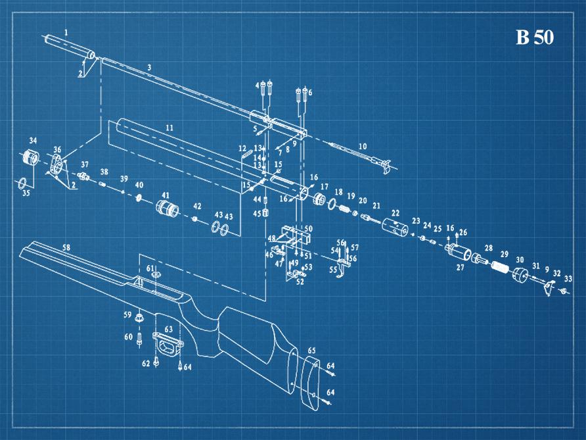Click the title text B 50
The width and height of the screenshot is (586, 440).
[x=534, y=37]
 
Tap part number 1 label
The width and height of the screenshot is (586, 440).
[x=66, y=32]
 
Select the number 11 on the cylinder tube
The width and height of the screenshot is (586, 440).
[x=169, y=127]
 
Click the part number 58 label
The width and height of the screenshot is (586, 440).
[x=66, y=247]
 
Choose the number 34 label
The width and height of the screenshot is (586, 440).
[x=33, y=140]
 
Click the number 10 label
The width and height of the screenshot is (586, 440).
[x=362, y=146]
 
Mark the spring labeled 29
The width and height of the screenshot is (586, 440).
[x=499, y=268]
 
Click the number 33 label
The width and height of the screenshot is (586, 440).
[x=568, y=279]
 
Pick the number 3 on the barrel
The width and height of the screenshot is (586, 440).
[x=149, y=68]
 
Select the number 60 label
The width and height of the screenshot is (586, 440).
[x=128, y=337]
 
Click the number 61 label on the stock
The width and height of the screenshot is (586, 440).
[x=150, y=268]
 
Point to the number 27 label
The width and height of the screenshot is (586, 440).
[x=460, y=268]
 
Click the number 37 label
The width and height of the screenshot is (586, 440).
[x=85, y=164]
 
